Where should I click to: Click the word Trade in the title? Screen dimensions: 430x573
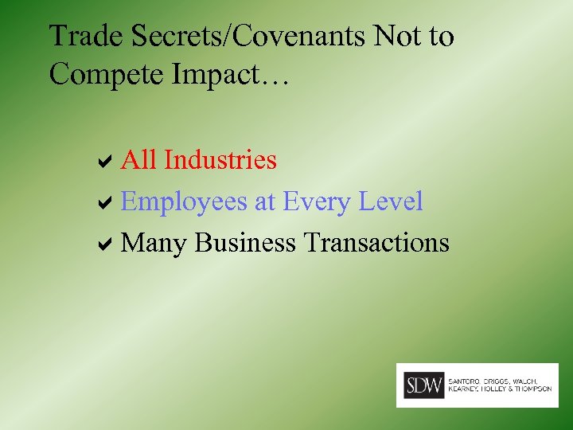point(79,37)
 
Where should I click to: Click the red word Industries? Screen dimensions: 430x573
point(220,160)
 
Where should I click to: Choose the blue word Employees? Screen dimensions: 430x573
point(184,202)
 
